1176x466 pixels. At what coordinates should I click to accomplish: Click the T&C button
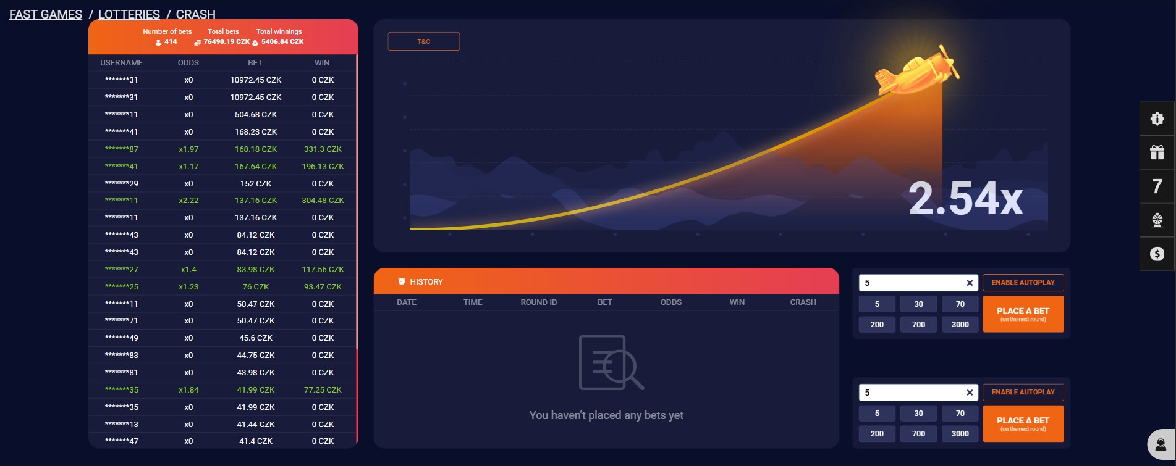point(423,41)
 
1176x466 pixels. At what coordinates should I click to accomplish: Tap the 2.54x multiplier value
point(965,199)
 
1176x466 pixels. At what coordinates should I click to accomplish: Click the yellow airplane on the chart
point(916,71)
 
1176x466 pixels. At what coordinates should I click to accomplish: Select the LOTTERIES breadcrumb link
point(129,14)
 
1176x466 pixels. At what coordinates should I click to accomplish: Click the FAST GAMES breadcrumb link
point(46,14)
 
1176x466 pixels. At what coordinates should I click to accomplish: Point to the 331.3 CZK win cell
point(323,149)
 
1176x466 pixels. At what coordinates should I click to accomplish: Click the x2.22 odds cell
point(188,200)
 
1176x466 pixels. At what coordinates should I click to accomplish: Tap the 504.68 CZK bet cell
point(256,114)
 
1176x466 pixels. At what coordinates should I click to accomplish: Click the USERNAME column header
point(121,63)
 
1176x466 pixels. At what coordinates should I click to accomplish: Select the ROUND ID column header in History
point(539,302)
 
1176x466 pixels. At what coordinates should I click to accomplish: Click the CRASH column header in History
point(803,302)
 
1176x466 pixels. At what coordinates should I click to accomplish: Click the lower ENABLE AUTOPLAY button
point(1023,392)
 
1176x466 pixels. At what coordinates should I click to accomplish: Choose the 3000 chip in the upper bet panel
point(960,325)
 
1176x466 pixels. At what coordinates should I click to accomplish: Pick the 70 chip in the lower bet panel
point(960,414)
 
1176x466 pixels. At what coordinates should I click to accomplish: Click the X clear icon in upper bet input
point(970,283)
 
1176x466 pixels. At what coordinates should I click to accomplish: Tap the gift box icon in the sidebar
point(1157,152)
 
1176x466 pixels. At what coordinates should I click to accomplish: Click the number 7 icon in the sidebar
point(1157,186)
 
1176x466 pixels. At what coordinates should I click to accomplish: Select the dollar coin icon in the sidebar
point(1157,254)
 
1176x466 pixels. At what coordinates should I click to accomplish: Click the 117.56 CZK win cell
point(323,269)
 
